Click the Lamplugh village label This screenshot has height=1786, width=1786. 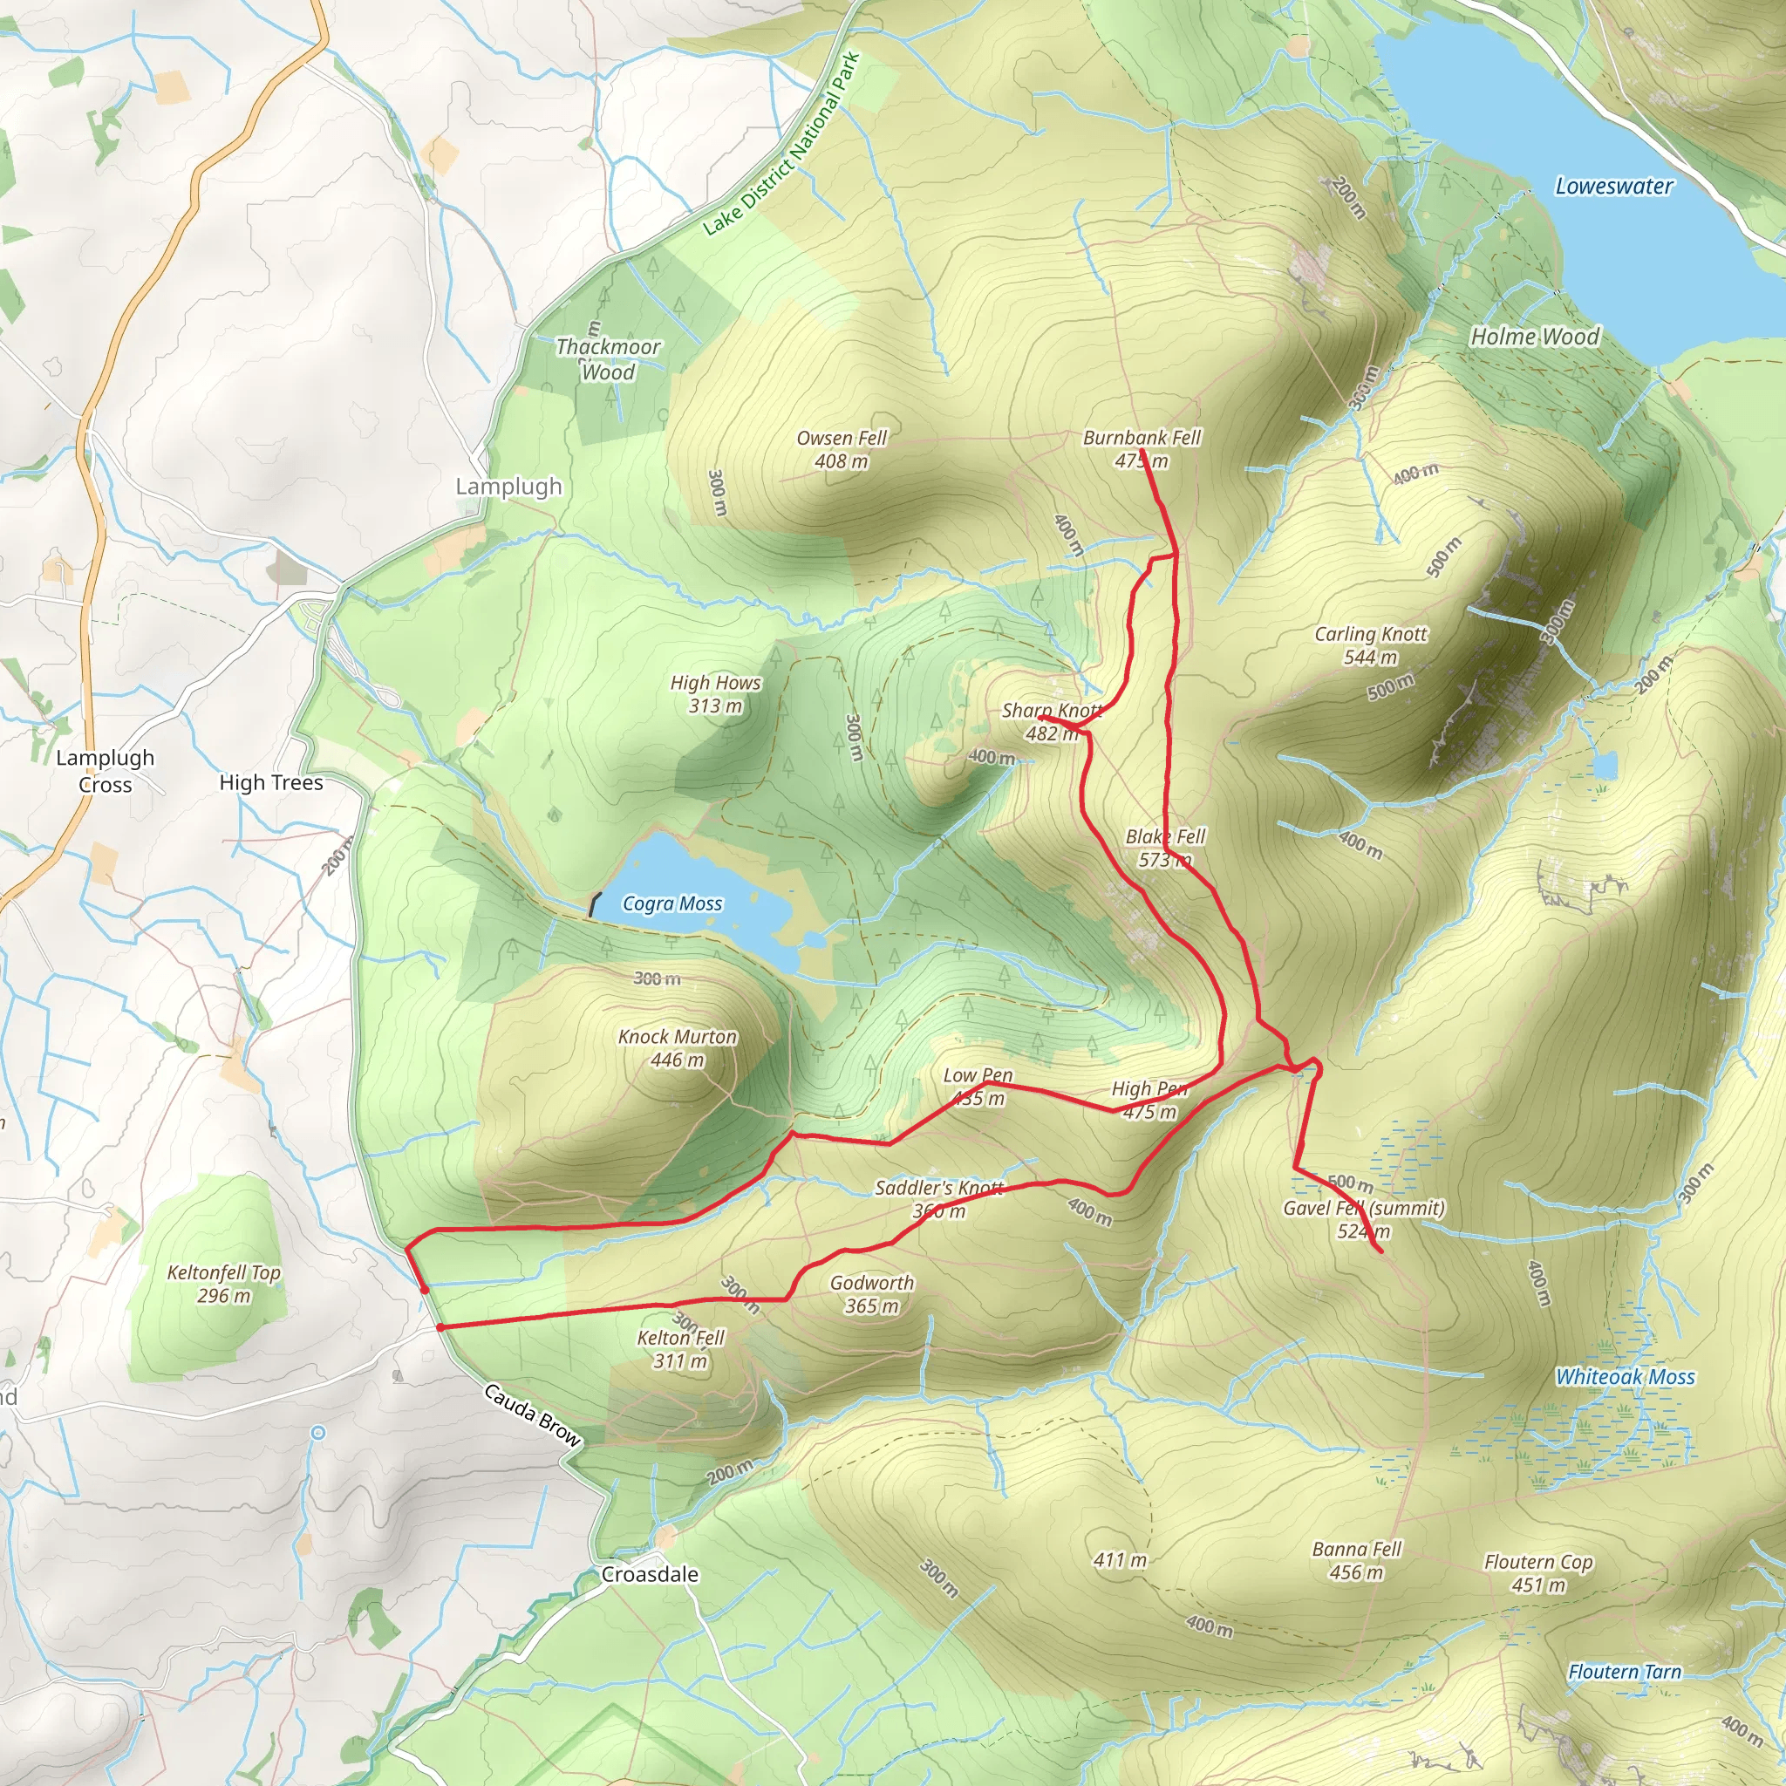coord(508,487)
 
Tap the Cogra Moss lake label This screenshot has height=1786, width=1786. coord(672,903)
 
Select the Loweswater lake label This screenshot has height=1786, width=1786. coord(1613,186)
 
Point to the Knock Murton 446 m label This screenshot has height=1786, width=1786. coord(677,1048)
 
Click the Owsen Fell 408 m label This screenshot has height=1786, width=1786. coord(842,449)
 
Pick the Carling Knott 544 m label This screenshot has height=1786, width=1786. coord(1371,645)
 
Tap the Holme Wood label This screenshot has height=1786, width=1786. coord(1535,337)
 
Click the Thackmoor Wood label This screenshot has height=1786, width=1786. coord(609,359)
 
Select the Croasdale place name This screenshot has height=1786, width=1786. coord(650,1574)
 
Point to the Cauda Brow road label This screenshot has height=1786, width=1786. coord(533,1415)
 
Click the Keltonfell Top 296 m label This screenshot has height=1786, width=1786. coord(224,1284)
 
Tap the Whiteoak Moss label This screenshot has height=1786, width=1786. coord(1626,1377)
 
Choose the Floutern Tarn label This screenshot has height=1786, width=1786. coord(1624,1672)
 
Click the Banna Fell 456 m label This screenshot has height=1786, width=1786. coord(1357,1560)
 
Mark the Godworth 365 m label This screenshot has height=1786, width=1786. coord(872,1294)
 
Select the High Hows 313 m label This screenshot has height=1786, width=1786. coord(715,694)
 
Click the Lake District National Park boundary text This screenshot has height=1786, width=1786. coord(782,145)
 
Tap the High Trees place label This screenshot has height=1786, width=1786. coord(271,783)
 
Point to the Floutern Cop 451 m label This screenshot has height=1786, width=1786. coord(1538,1573)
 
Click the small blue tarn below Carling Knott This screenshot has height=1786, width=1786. coord(1605,766)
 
